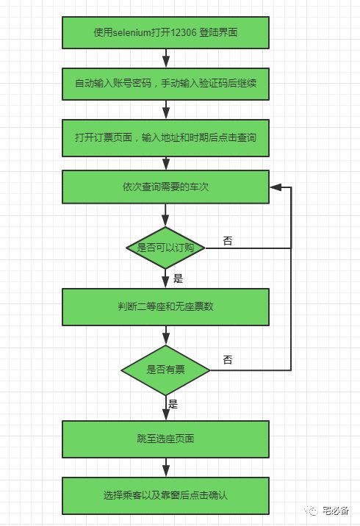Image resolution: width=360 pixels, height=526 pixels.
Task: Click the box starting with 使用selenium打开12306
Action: click(165, 32)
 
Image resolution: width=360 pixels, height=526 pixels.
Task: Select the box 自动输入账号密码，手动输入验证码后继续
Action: click(165, 84)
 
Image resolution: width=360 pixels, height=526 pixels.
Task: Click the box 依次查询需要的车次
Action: click(165, 187)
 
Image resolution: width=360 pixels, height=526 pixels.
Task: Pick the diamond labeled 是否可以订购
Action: click(165, 248)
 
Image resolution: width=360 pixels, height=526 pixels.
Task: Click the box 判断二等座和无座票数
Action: click(165, 306)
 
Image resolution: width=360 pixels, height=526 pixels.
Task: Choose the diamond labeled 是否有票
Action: click(165, 369)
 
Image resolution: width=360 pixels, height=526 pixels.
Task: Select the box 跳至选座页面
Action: click(165, 439)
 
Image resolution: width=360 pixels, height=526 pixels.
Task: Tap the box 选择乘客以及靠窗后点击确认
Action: click(165, 495)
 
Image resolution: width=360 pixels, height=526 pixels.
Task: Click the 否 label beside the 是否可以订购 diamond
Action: click(227, 241)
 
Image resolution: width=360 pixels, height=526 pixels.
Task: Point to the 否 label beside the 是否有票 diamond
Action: click(227, 360)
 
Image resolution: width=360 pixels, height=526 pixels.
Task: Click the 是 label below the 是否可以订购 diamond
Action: click(177, 278)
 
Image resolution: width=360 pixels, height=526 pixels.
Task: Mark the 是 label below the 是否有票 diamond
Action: click(173, 404)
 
